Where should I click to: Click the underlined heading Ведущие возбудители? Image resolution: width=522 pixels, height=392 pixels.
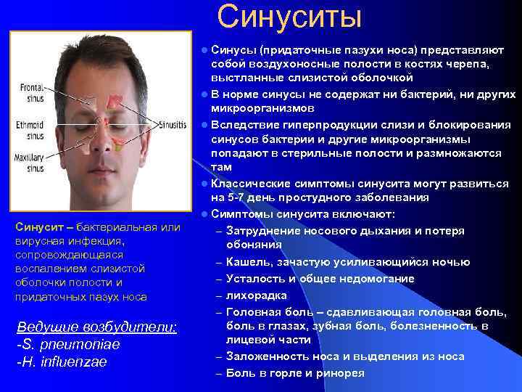pos(96,327)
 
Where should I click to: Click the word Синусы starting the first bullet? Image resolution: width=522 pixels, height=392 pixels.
pos(234,51)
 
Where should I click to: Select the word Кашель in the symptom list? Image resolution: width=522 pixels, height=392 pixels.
pos(246,261)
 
